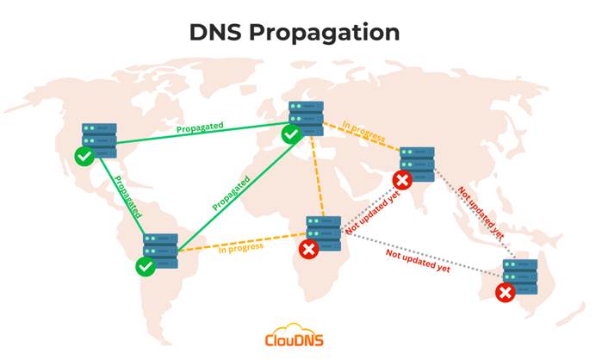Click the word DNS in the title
point(215,32)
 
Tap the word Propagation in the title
point(324,34)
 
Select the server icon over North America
point(99,140)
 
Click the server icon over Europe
point(306,118)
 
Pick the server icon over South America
point(160,251)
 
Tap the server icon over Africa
point(324,233)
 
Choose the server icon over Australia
point(520,276)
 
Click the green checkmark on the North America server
point(84,156)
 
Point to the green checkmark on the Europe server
point(291,134)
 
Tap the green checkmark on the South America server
point(146,266)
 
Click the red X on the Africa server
point(308,250)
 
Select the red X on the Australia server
point(506,292)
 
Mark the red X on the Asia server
point(402,180)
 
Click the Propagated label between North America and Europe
point(200,127)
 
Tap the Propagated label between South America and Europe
point(231,193)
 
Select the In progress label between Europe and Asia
point(363,131)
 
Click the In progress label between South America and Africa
point(241,248)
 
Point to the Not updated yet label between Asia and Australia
point(481,212)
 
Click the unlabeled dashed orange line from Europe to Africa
point(318,176)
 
